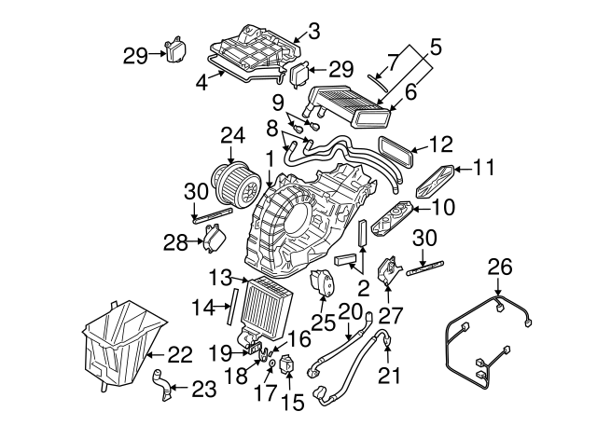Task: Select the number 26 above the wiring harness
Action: pos(501,268)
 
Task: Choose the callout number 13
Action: pos(219,277)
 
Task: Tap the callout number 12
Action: pos(440,144)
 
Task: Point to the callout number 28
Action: pos(174,243)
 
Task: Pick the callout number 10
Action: pos(443,206)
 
